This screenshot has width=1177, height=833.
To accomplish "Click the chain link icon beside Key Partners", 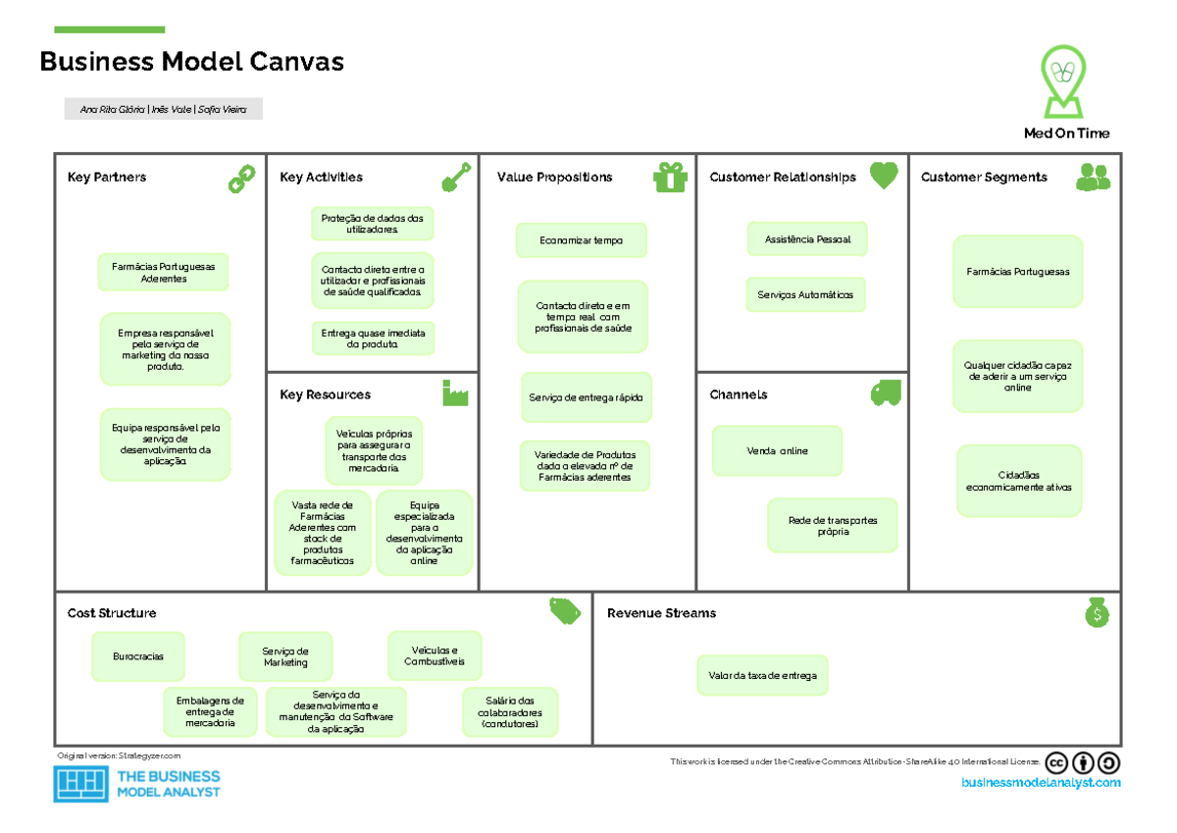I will tap(241, 179).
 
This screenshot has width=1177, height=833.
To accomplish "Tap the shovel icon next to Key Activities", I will tap(456, 178).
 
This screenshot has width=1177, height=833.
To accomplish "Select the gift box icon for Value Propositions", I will tap(671, 178).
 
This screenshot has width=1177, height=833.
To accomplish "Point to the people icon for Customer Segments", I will tap(1093, 178).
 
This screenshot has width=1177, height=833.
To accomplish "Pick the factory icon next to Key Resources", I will tap(455, 393).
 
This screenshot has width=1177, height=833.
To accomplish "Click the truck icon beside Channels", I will tap(885, 393).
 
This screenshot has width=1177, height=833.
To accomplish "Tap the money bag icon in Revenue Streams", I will tap(1097, 612).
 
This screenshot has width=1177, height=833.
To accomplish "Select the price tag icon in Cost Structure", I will tap(565, 611).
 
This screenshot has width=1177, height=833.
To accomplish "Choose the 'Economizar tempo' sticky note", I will tap(581, 240).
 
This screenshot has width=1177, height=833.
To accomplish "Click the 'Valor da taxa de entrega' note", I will tap(762, 676).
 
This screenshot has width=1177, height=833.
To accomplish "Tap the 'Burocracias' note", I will tap(138, 656).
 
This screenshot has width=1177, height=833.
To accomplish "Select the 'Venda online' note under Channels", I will tap(777, 450).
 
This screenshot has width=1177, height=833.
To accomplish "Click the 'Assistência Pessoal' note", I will tap(807, 239).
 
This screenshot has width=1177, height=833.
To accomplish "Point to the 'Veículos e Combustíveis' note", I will tap(435, 655).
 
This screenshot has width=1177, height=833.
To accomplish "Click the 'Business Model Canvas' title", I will tap(191, 63).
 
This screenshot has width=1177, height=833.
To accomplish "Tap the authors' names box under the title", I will tap(163, 110).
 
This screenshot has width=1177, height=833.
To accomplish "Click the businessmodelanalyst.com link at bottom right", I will tap(1040, 783).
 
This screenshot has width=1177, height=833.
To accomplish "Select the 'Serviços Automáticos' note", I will tap(805, 294).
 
